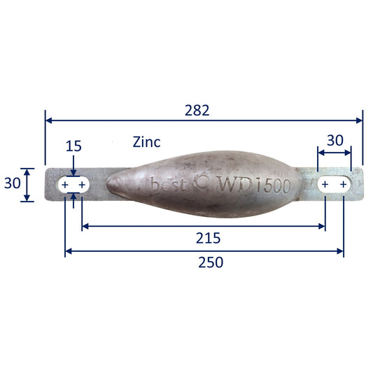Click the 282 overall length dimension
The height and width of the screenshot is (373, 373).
coord(197,110)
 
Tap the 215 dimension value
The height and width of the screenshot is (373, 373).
coord(208,238)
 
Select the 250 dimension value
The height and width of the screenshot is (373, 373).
coord(211,262)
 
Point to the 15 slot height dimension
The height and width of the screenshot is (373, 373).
coord(73,146)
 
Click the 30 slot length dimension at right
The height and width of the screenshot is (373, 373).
coord(335,141)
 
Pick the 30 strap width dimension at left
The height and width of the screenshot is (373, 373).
coord(12,183)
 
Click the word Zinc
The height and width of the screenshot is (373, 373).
coord(146,142)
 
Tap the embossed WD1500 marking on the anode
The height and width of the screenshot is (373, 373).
coord(254,185)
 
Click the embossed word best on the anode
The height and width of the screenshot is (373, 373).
coord(168,184)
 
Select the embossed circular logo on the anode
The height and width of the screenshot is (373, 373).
coord(202,181)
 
